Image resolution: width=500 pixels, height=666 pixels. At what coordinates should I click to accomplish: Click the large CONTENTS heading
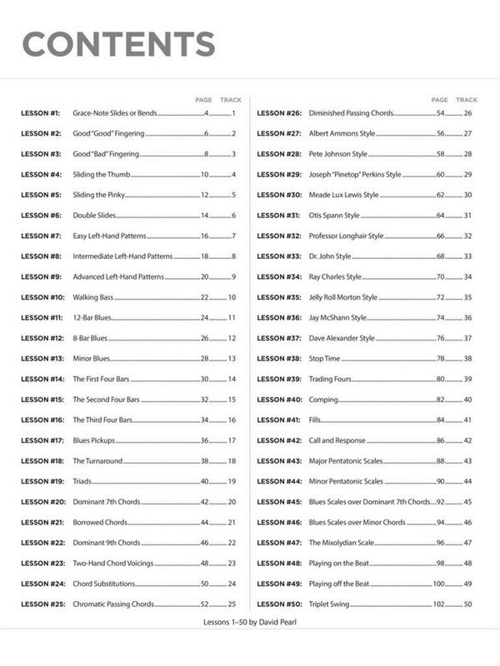[117, 43]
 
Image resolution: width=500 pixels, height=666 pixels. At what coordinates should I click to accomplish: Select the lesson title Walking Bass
[93, 297]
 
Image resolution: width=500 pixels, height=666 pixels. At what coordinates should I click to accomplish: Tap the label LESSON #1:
[41, 112]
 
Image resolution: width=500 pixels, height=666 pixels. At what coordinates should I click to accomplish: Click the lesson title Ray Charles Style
[335, 276]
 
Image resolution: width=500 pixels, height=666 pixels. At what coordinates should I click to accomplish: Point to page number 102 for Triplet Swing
[438, 604]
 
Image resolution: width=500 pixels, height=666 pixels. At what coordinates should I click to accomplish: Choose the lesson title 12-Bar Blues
[91, 318]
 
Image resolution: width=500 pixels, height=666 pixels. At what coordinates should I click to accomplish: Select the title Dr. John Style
[330, 256]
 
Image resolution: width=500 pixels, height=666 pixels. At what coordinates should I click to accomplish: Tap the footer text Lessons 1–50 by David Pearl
[249, 622]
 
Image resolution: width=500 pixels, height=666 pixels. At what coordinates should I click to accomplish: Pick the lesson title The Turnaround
[97, 461]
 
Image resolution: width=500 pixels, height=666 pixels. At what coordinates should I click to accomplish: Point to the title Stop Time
[325, 359]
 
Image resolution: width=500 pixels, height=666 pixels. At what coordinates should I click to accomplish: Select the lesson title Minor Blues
[91, 359]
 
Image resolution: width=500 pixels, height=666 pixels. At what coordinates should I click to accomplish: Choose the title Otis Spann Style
[334, 216]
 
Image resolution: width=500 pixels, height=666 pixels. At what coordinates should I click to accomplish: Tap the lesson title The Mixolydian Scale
[342, 543]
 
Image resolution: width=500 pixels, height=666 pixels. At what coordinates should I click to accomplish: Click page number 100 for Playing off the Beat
[438, 584]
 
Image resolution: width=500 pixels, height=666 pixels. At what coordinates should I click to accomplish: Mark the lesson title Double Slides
[94, 216]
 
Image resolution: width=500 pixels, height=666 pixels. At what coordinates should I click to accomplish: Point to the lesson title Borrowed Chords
[99, 523]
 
